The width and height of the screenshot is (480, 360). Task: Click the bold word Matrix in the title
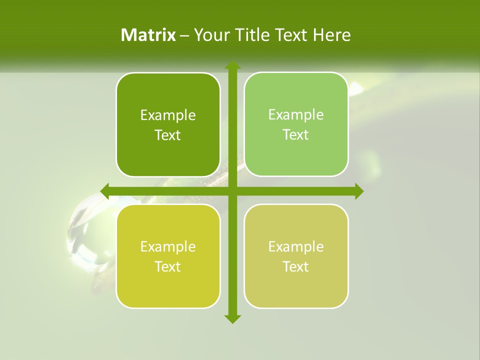pos(148,35)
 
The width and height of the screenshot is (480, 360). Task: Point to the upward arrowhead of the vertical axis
pos(232,65)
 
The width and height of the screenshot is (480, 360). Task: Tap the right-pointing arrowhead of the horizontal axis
pos(359,191)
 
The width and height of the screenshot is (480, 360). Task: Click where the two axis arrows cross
pos(232,191)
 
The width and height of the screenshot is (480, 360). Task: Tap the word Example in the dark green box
pos(168,115)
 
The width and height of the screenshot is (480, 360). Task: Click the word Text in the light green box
pos(296,135)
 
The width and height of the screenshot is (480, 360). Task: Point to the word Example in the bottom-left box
pos(168,247)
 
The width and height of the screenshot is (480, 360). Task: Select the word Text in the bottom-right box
pos(296,267)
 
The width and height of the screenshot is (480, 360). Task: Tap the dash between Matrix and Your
pos(184,35)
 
